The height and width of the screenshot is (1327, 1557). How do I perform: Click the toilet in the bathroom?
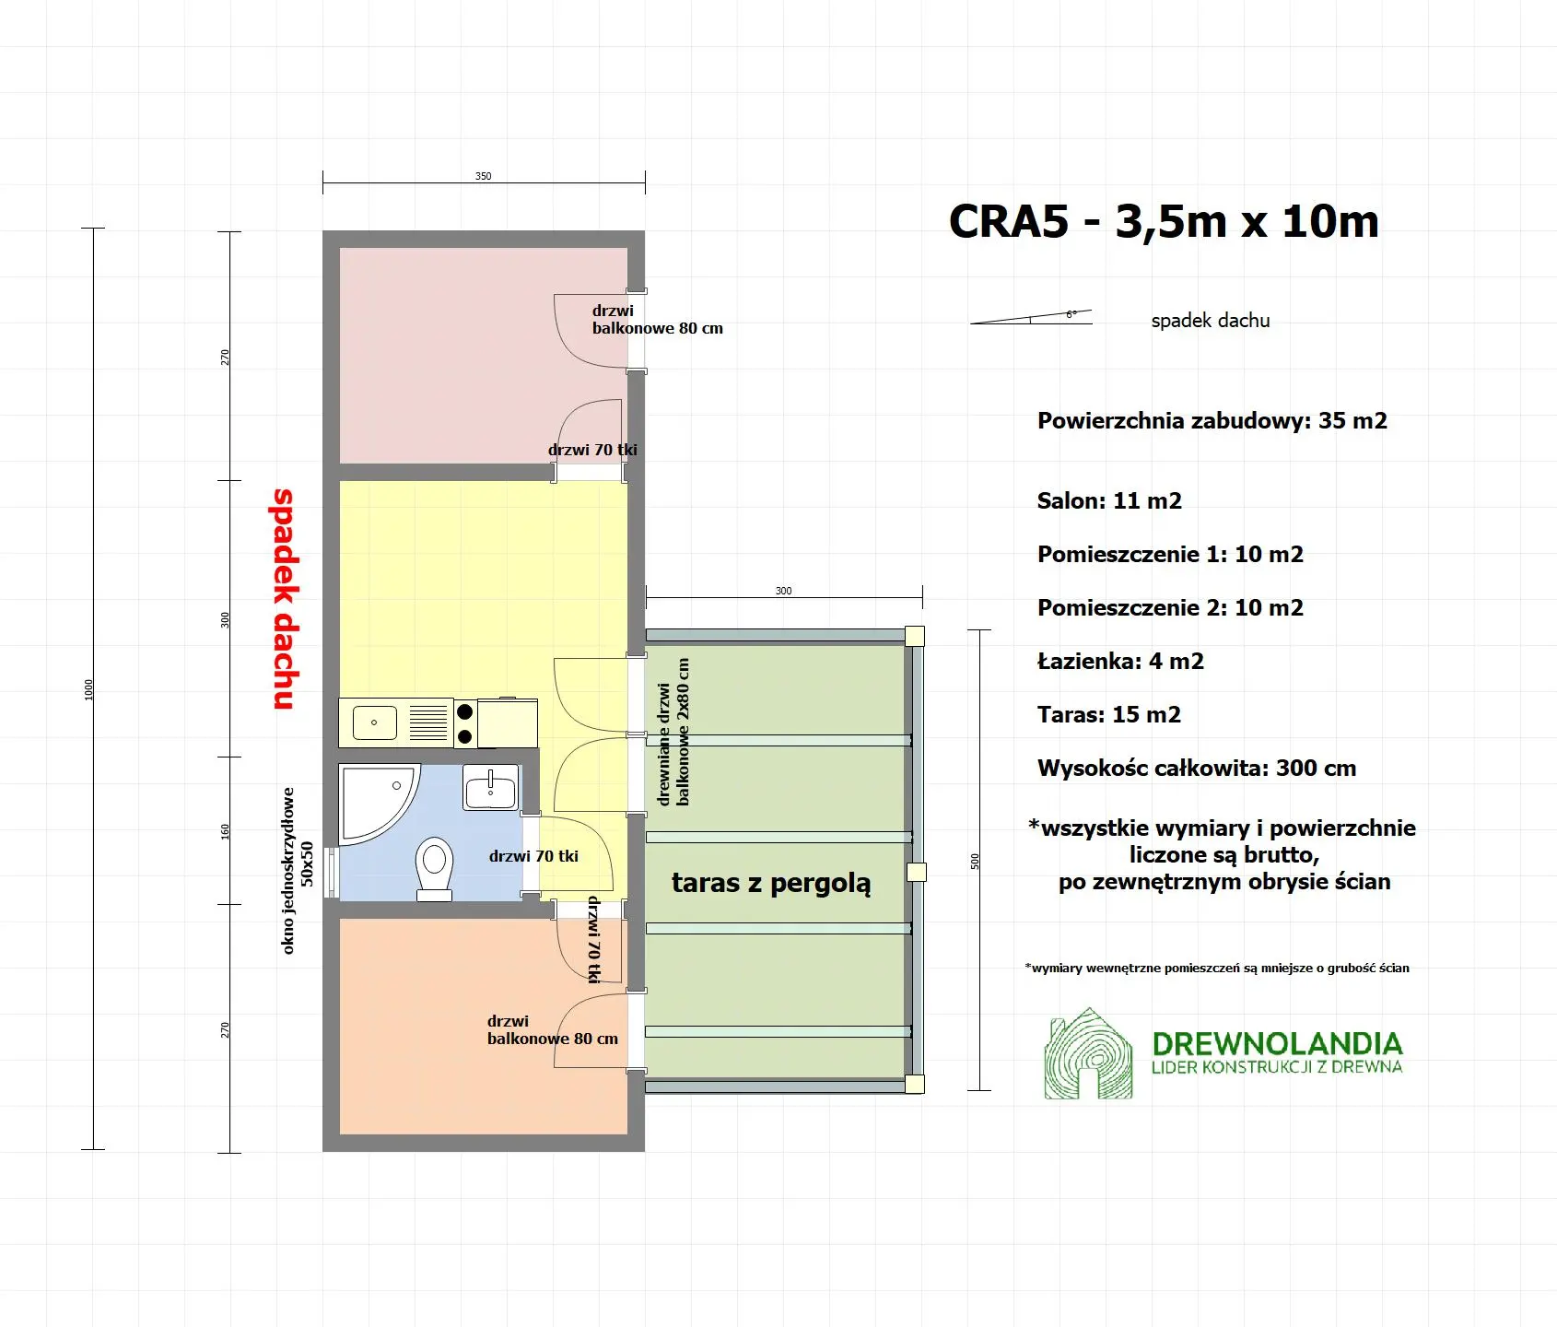[x=434, y=867]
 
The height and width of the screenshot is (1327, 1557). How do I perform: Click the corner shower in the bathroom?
[x=373, y=800]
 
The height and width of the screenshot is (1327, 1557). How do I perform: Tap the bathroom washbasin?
[x=490, y=789]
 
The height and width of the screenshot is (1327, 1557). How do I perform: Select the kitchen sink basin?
[x=375, y=722]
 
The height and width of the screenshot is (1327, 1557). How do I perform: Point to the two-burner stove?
[x=465, y=723]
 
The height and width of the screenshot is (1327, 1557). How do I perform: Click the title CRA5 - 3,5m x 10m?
[x=1163, y=222]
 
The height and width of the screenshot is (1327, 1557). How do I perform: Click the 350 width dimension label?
[x=483, y=176]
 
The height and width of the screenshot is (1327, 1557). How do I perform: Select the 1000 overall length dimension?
[x=89, y=689]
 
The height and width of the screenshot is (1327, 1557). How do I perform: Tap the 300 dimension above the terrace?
[x=783, y=591]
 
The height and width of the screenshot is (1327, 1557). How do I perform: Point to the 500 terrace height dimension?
[x=975, y=861]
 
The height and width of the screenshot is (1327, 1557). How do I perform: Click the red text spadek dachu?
[x=284, y=599]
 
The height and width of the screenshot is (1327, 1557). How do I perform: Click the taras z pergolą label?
[x=770, y=883]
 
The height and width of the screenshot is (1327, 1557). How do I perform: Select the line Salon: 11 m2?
[x=1109, y=501]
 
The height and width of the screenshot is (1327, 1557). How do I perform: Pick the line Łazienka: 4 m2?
[x=1120, y=662]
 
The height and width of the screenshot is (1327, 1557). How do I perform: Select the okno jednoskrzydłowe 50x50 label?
[x=297, y=870]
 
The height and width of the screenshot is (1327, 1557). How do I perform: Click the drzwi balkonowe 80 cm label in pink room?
[x=656, y=320]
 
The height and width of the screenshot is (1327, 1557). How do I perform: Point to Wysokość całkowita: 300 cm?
[x=1196, y=769]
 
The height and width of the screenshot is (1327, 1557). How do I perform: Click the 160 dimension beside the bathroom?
[x=225, y=830]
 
